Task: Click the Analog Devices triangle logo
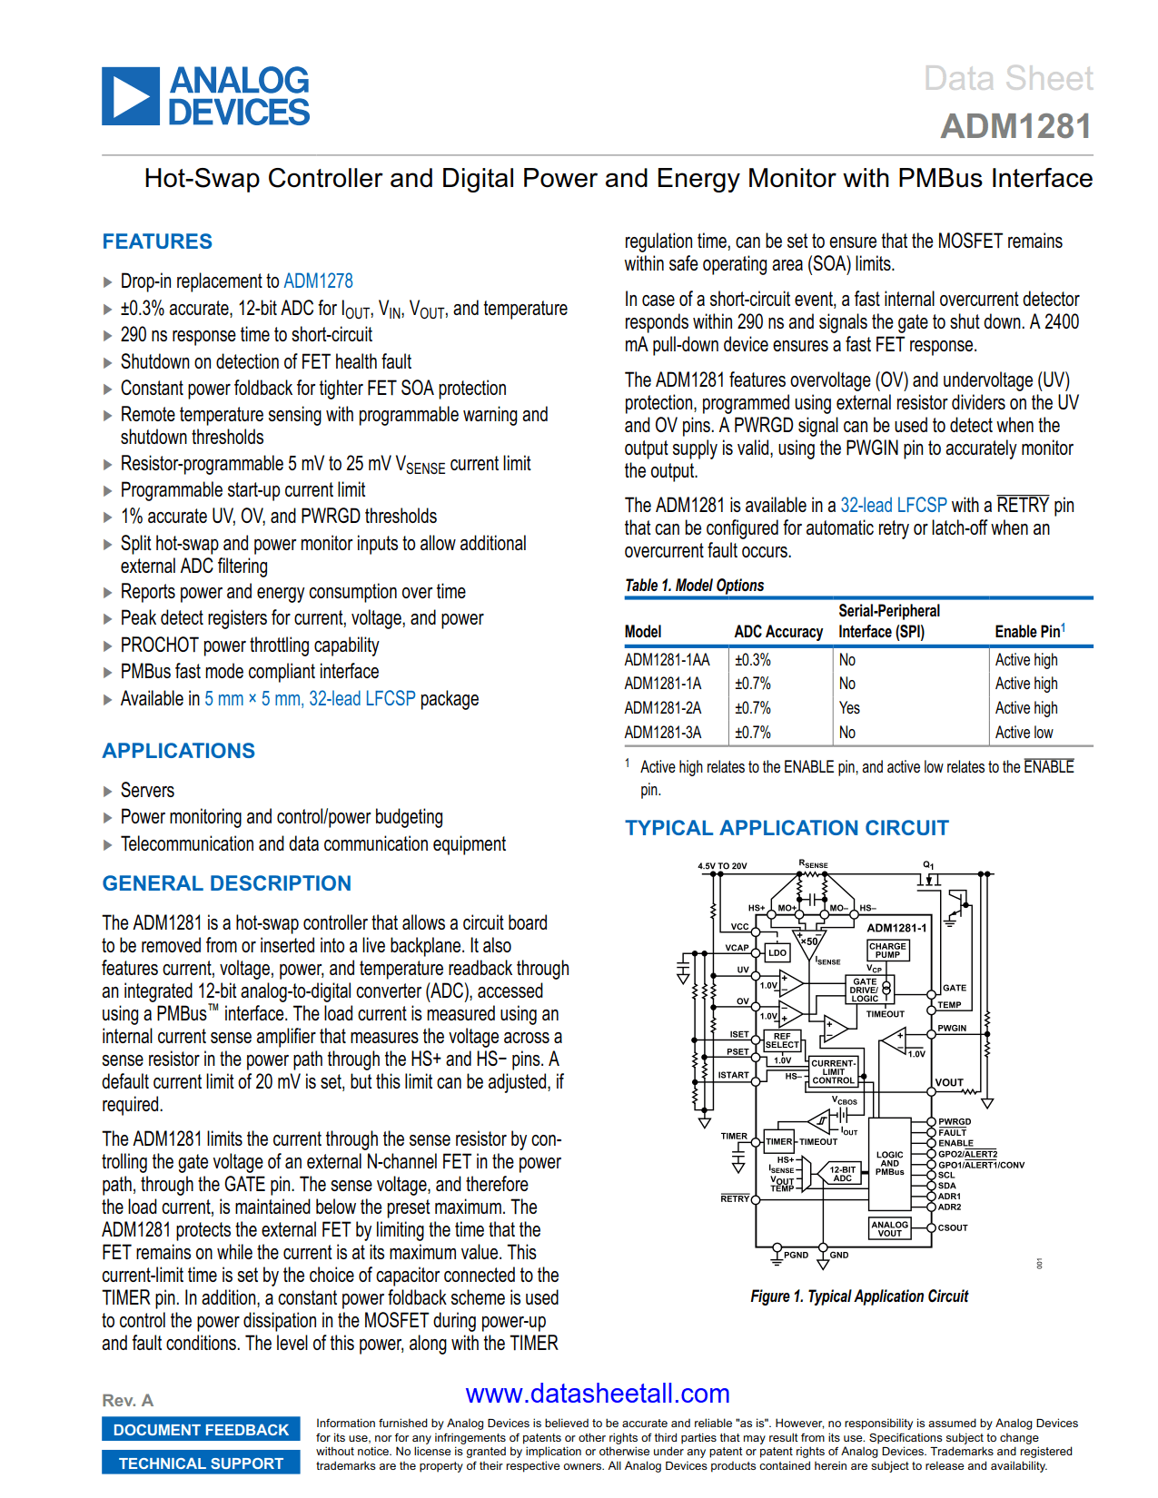point(131,95)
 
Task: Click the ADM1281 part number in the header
point(1015,126)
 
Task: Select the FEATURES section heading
point(157,241)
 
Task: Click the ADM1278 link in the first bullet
point(318,281)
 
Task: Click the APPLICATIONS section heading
point(178,751)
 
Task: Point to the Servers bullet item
point(147,791)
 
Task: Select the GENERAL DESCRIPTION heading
point(226,883)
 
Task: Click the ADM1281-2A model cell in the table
point(662,708)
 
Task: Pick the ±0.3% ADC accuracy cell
point(752,660)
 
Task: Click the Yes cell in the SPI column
point(849,708)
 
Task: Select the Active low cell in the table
point(1024,733)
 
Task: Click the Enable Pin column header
point(1028,632)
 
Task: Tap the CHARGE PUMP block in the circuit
point(887,951)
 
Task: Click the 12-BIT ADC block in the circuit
point(843,1174)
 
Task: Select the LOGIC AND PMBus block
point(889,1163)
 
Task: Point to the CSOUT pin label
point(952,1227)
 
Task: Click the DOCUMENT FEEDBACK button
point(201,1430)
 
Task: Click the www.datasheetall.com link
point(598,1394)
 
